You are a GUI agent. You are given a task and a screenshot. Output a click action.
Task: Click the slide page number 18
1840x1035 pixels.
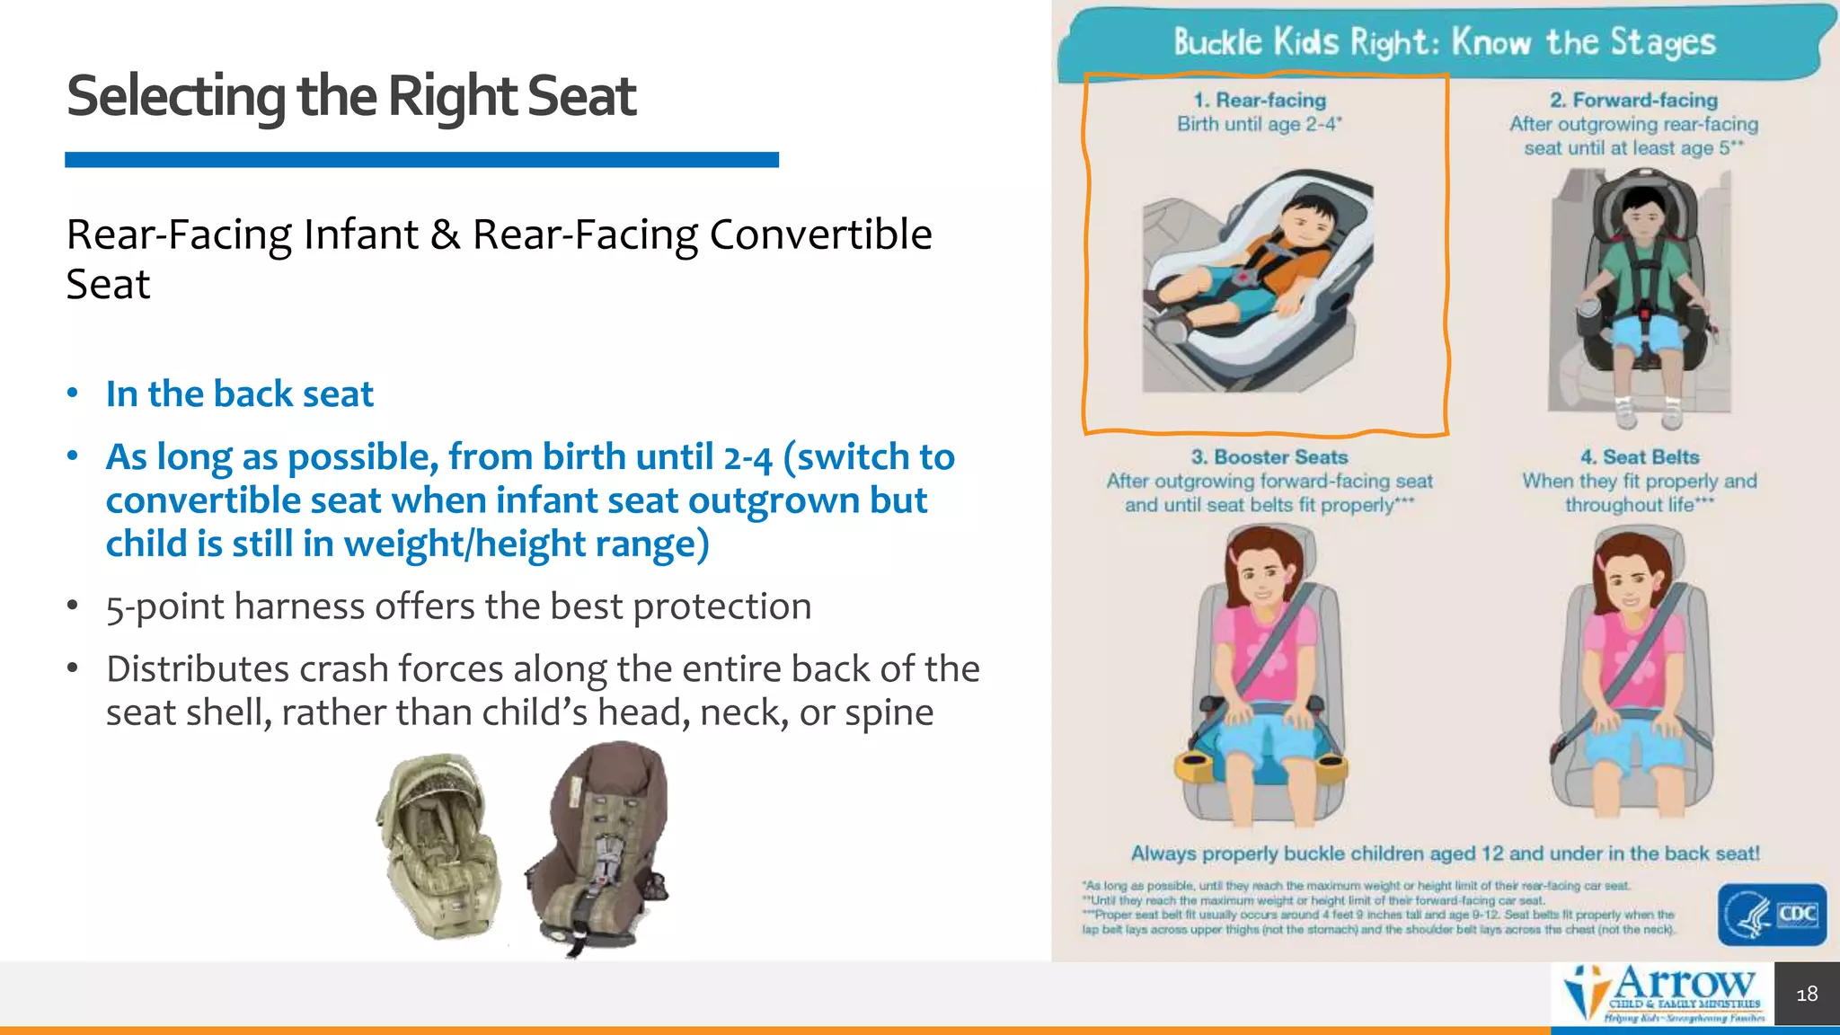[x=1807, y=994]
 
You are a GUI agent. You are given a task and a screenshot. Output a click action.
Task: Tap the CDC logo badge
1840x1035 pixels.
[x=1772, y=915]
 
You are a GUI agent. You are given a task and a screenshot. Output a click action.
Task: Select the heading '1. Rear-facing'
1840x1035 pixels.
[x=1259, y=101]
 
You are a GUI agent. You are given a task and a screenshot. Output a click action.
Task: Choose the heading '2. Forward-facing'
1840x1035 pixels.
[x=1632, y=101]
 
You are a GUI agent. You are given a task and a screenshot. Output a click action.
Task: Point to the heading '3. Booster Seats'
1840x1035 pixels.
[x=1269, y=457]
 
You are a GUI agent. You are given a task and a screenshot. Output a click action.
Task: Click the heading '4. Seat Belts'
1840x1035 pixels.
[x=1639, y=457]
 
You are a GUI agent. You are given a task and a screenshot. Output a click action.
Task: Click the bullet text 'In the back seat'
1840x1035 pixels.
[x=239, y=394]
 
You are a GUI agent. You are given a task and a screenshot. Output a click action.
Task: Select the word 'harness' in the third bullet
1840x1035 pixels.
[x=300, y=607]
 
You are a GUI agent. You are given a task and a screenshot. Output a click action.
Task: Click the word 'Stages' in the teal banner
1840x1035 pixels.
[x=1662, y=42]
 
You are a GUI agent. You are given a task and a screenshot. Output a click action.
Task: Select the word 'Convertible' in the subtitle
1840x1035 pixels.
[x=819, y=235]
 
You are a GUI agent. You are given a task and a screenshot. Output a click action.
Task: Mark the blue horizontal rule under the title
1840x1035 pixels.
[x=421, y=160]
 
